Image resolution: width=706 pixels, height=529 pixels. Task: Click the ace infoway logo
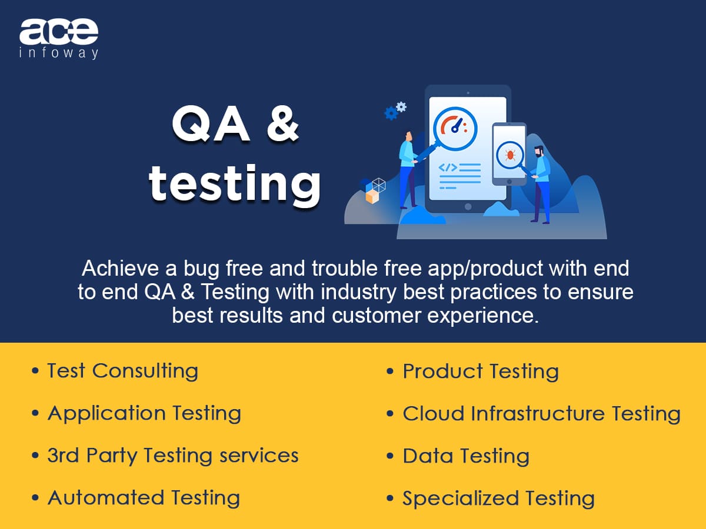[59, 39]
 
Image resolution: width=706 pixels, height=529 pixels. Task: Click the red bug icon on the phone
[510, 155]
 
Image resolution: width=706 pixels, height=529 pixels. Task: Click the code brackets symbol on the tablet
[448, 168]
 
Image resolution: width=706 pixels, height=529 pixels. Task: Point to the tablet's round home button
[468, 206]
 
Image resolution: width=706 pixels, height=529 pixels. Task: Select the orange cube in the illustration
[372, 196]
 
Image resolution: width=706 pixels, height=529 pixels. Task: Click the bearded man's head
[539, 151]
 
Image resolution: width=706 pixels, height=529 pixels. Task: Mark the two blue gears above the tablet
[395, 111]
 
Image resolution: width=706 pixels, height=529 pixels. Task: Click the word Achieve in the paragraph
[120, 268]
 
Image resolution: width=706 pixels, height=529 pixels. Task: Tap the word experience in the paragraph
[483, 316]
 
